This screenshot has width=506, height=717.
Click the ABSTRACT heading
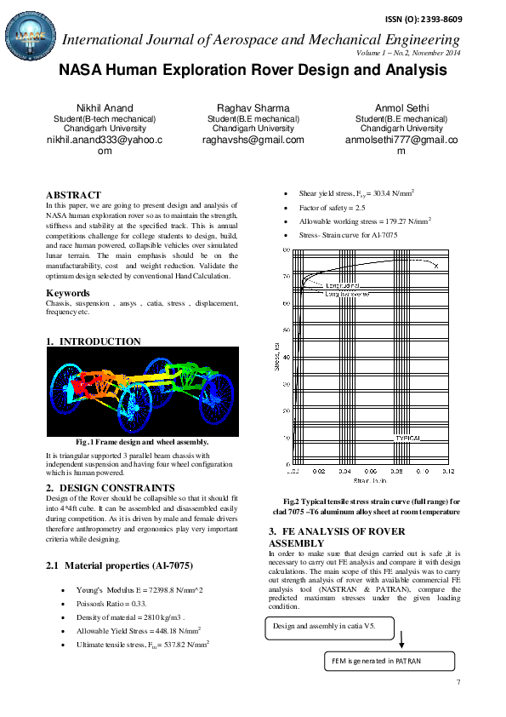pos(73,195)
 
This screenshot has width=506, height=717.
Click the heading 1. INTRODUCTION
pos(94,341)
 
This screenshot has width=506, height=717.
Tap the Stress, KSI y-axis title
pos(276,358)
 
